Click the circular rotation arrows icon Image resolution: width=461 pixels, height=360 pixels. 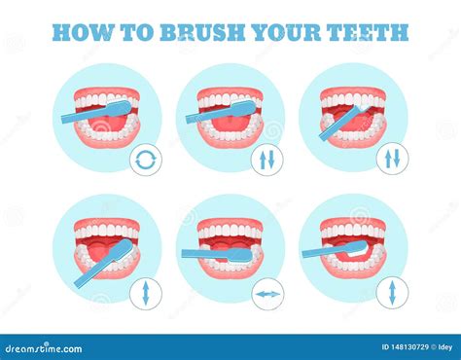[145, 159]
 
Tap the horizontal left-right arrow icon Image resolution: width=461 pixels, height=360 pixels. [267, 291]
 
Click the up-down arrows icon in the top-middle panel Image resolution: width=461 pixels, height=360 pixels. [267, 159]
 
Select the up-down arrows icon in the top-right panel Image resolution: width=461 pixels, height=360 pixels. [391, 159]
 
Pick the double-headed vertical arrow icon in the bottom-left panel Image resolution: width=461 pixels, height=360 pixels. [145, 291]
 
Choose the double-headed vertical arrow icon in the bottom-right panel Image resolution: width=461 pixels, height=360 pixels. [391, 291]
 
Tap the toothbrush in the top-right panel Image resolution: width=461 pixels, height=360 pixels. [339, 122]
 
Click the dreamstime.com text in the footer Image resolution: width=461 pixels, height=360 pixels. [44, 347]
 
